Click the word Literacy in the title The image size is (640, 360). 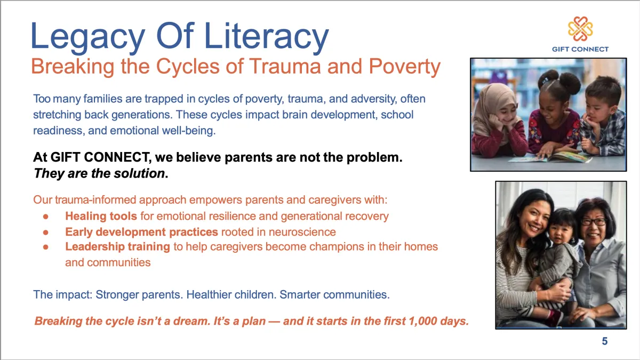[x=266, y=37]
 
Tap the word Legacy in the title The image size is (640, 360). [x=87, y=37]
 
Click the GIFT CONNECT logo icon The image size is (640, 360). [x=580, y=29]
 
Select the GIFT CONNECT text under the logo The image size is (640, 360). [x=580, y=49]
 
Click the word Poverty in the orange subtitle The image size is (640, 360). [x=405, y=67]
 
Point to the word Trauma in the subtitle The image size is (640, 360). [x=285, y=66]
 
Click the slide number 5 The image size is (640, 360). [x=605, y=341]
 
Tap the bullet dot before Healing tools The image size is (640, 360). [x=46, y=217]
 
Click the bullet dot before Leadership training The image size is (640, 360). [x=46, y=247]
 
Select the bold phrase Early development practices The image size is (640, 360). [x=142, y=232]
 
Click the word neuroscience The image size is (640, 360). [x=302, y=232]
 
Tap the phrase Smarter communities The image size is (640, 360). [x=334, y=294]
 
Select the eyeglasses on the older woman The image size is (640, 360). [x=594, y=221]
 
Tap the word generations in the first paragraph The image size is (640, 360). [x=141, y=115]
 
